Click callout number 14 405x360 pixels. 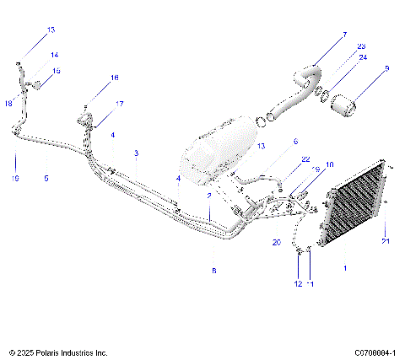[55, 55]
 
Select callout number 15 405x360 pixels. [57, 72]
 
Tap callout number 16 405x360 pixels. [115, 78]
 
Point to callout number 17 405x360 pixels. [119, 104]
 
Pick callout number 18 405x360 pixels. [8, 104]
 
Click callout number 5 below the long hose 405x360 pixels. [46, 179]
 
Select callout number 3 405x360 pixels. [135, 153]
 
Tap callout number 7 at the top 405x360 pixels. [343, 35]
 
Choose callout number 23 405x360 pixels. [361, 46]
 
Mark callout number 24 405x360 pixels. [364, 57]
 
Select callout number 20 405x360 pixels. [275, 241]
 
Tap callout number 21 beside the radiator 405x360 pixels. [386, 242]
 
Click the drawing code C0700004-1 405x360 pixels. [372, 351]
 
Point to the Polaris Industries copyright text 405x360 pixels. [58, 351]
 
